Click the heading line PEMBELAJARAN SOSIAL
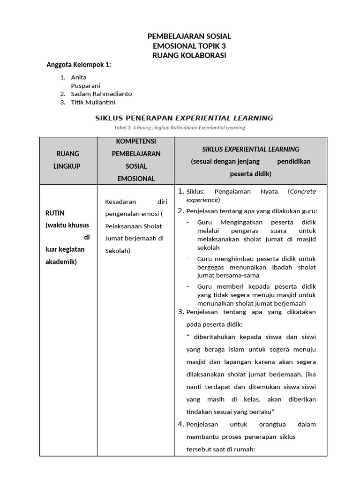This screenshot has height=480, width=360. point(189,36)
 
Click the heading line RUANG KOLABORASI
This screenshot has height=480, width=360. point(189,55)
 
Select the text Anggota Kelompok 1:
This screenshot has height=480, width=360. point(78,65)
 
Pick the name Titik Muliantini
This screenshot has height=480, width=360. point(93,102)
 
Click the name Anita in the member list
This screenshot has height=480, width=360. point(79,77)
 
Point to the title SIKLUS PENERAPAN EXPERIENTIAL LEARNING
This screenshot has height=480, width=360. point(184,118)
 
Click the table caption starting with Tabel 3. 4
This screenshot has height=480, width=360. point(180,127)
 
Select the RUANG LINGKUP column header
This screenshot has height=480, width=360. point(67,160)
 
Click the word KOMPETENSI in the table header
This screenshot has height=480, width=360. point(136,141)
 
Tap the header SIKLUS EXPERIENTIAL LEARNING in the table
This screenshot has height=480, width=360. point(250,149)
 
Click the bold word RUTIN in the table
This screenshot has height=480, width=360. point(54,213)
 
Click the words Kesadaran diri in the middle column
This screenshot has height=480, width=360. point(136,202)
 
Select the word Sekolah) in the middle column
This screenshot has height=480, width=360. point(118,250)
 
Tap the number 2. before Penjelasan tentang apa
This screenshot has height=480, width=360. point(181,211)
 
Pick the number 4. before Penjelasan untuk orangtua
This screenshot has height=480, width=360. point(181,424)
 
